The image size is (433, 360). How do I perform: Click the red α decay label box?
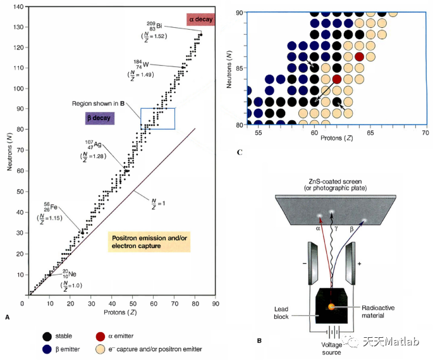202,20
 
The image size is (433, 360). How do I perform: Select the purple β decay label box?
101,118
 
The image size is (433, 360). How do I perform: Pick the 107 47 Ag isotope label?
91,144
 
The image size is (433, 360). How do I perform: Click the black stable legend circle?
47,337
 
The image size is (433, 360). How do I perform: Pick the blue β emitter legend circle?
47,349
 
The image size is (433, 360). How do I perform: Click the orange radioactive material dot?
331,306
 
